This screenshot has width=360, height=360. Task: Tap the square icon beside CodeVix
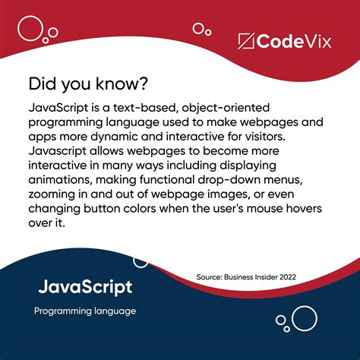tap(245, 41)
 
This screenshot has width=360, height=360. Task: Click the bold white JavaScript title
tap(85, 287)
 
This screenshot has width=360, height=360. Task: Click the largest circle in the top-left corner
tap(31, 29)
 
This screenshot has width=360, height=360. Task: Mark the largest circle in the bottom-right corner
tap(304, 318)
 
